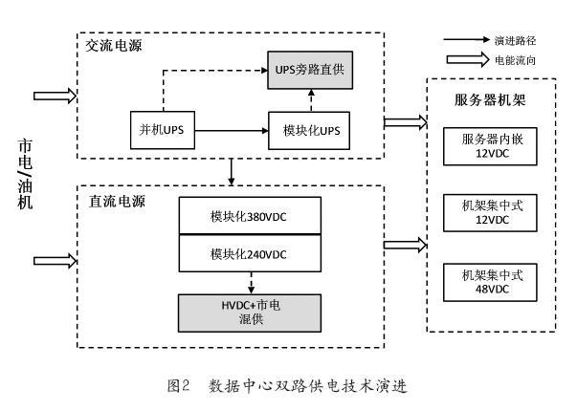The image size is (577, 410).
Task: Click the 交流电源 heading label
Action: tap(114, 44)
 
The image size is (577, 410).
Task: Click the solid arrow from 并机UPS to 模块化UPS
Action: tap(230, 128)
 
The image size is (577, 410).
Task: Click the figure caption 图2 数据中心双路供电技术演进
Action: tap(290, 386)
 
